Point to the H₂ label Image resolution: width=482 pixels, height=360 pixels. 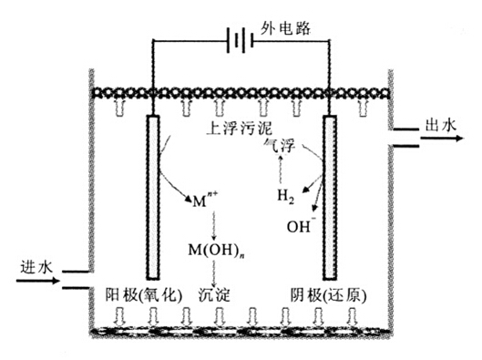point(286,195)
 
